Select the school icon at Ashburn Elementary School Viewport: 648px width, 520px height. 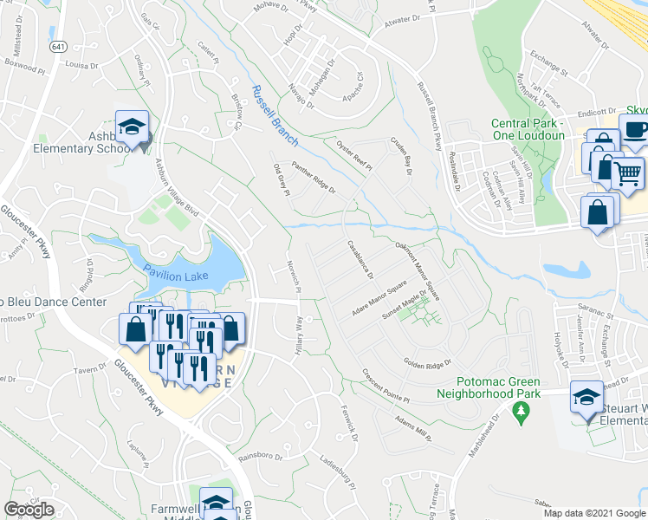[132, 127]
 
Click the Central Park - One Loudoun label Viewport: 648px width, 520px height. [528, 129]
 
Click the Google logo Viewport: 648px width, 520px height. [29, 509]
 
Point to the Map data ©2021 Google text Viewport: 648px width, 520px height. [594, 513]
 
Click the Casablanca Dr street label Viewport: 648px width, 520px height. [360, 259]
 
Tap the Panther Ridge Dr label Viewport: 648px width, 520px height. [314, 178]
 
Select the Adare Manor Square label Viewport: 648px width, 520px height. [379, 297]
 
